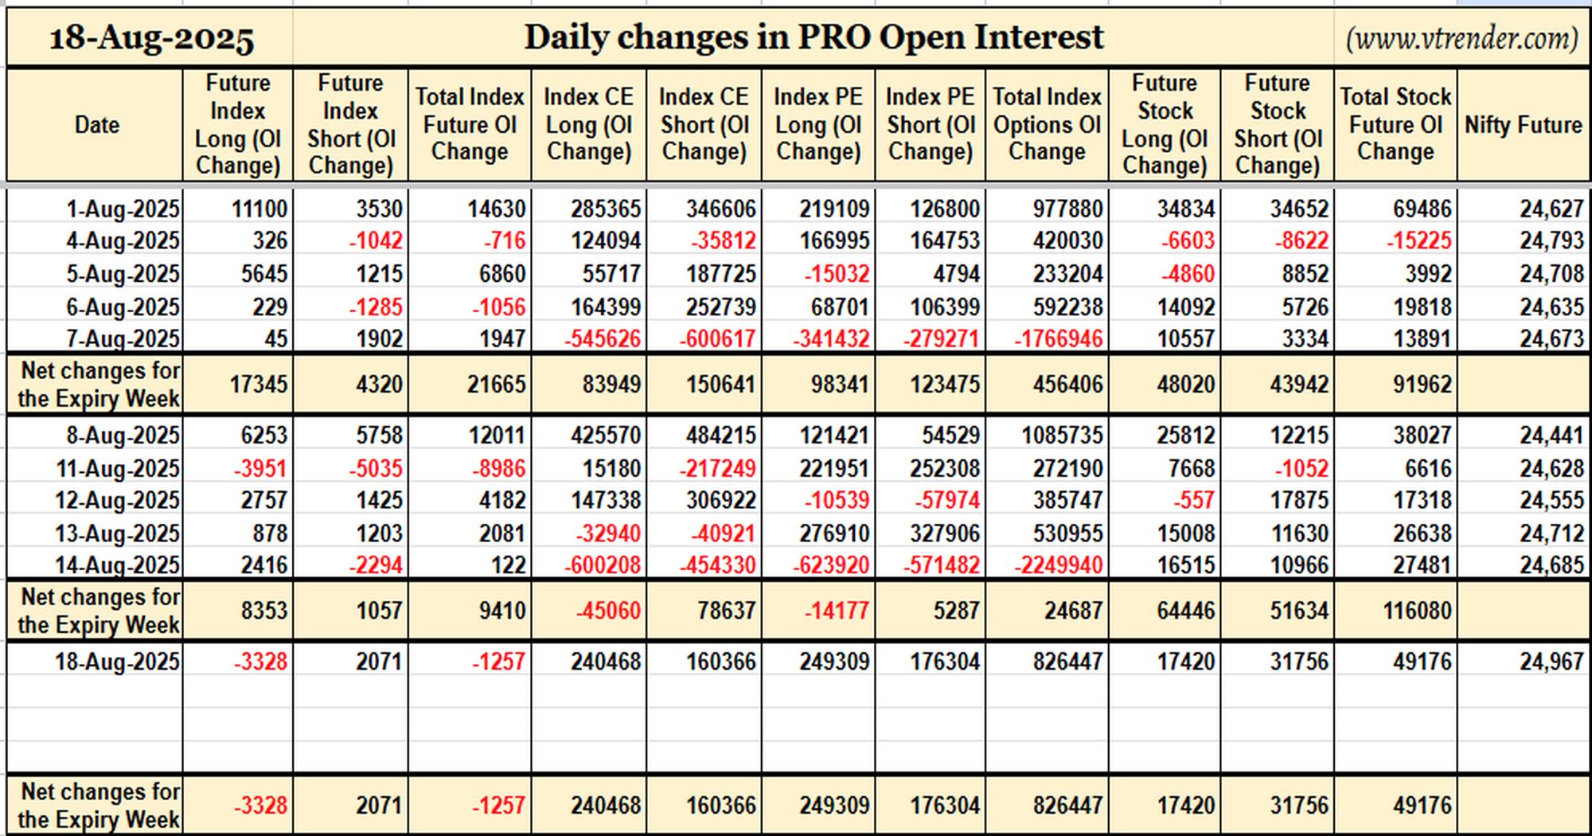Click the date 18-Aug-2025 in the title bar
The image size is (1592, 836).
click(x=151, y=37)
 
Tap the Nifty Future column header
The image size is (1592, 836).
click(x=1524, y=125)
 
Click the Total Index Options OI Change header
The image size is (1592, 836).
click(x=1047, y=124)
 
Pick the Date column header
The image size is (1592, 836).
click(x=97, y=125)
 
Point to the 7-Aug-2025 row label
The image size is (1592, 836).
click(x=123, y=339)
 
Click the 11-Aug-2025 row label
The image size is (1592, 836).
click(x=118, y=468)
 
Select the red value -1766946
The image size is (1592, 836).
click(x=1059, y=339)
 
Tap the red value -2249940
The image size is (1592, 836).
click(x=1059, y=565)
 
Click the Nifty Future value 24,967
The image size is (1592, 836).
click(x=1551, y=662)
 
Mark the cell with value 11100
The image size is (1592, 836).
click(x=259, y=209)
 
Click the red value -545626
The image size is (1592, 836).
click(x=603, y=339)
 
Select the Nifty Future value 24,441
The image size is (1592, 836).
click(x=1551, y=436)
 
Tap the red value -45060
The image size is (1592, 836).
click(x=608, y=611)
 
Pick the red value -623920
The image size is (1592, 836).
click(x=831, y=565)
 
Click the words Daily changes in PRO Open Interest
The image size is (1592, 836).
click(x=814, y=37)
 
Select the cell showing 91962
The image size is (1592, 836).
click(x=1422, y=385)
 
